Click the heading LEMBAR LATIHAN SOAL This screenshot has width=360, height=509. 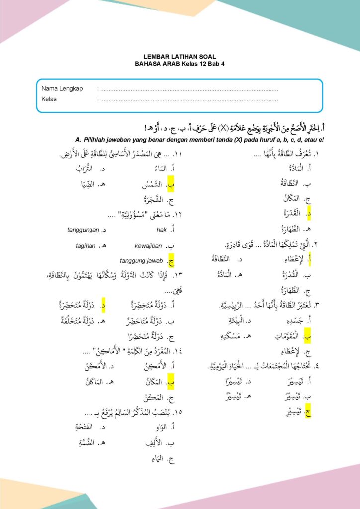(x=180, y=57)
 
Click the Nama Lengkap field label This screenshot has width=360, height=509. (x=62, y=89)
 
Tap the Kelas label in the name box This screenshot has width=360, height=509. (x=49, y=99)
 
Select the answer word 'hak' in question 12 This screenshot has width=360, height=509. (x=161, y=230)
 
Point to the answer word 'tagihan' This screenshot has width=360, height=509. (x=86, y=246)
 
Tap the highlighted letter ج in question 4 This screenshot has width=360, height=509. (x=309, y=412)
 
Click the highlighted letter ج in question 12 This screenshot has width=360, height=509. (x=171, y=260)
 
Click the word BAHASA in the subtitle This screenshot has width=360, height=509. (x=147, y=64)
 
